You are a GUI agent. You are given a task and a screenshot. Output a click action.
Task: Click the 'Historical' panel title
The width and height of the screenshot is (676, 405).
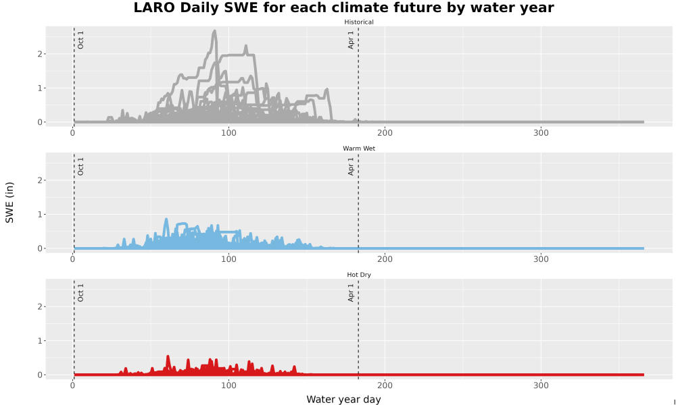[359, 22]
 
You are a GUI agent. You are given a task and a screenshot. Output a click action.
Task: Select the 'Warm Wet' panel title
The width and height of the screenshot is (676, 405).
[359, 148]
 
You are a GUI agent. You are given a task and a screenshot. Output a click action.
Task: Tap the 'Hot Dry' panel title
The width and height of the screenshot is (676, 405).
[359, 275]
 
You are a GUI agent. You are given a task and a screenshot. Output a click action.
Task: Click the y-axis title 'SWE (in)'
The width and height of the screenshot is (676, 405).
[9, 202]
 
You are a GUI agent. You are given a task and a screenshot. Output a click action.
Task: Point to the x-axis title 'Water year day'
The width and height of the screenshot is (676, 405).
[343, 400]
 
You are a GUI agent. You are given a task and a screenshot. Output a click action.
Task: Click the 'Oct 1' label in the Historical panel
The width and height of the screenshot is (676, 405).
[80, 40]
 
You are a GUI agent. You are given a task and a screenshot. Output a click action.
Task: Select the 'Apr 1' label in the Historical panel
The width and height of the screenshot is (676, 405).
[351, 40]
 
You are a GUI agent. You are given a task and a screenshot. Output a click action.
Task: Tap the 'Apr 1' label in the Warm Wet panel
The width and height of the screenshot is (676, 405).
[351, 166]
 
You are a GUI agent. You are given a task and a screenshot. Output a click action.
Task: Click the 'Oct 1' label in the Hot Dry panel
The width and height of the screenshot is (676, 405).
[80, 293]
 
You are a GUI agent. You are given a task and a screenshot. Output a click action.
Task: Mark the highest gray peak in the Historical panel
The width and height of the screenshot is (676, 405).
[214, 30]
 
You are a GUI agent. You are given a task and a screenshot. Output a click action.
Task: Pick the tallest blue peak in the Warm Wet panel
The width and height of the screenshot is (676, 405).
[166, 219]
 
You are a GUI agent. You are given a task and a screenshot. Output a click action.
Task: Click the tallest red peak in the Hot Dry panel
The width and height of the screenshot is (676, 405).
[168, 356]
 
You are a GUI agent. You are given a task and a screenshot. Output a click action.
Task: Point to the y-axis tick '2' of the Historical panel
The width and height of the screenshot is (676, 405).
[40, 54]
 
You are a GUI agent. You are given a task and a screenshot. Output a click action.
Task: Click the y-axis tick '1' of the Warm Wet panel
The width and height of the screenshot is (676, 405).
[40, 215]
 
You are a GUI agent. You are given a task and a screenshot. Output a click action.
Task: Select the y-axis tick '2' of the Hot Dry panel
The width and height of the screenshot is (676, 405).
[40, 306]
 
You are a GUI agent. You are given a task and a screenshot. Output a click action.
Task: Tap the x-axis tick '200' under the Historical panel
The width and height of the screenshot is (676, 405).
[385, 133]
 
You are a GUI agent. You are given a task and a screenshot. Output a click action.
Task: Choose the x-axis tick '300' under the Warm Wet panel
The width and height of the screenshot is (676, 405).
[541, 259]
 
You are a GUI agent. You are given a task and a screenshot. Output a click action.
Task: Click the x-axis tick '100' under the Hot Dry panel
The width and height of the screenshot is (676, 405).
[228, 385]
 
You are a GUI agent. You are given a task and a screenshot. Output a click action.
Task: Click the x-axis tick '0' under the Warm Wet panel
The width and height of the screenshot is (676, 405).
[73, 259]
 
